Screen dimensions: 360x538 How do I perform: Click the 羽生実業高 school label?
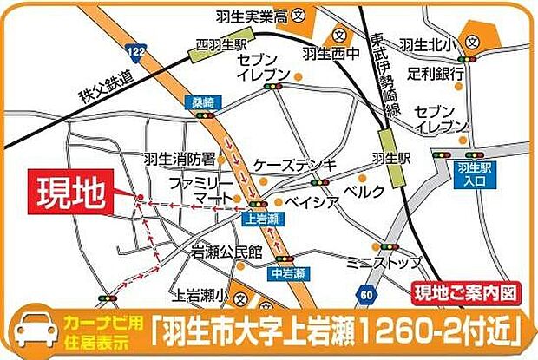pos(252,15)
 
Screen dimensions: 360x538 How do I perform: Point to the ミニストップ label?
pos(384,260)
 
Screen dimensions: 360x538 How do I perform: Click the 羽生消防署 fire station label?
pos(180,159)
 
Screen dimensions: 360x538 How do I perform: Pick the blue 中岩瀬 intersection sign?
pos(288,273)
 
